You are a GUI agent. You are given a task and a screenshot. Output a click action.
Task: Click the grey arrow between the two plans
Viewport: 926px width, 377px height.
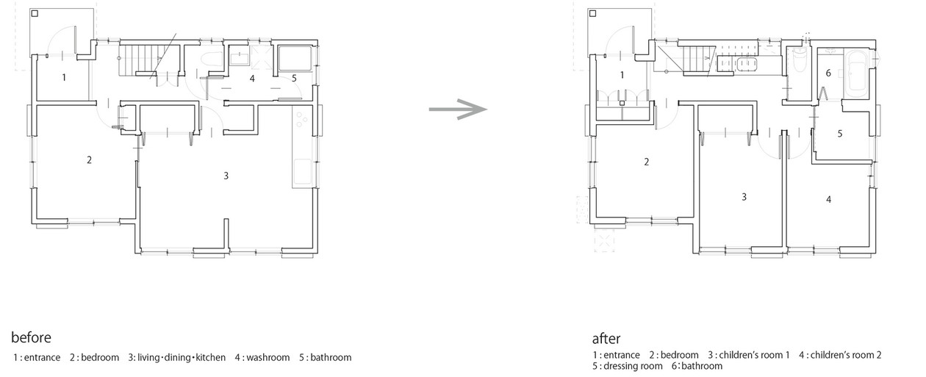458,109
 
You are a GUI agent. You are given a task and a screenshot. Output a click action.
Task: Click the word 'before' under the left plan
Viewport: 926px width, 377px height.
31,337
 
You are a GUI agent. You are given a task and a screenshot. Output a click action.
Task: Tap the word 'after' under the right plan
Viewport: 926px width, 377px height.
606,339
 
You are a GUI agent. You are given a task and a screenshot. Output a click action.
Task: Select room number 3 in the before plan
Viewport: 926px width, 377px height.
226,176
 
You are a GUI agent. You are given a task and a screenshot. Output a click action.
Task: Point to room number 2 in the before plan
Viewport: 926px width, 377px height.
89,159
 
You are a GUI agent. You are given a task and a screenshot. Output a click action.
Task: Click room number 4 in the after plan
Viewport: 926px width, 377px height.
828,199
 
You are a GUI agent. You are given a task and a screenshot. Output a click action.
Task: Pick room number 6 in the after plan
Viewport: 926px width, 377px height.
828,73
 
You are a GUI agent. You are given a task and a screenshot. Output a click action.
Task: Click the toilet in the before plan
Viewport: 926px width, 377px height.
212,60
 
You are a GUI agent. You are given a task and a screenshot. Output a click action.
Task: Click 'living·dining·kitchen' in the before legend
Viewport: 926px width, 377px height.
177,357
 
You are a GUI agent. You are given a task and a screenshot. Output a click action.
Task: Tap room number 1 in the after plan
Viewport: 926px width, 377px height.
622,75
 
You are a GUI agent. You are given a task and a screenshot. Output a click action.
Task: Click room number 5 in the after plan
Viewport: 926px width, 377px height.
839,134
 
